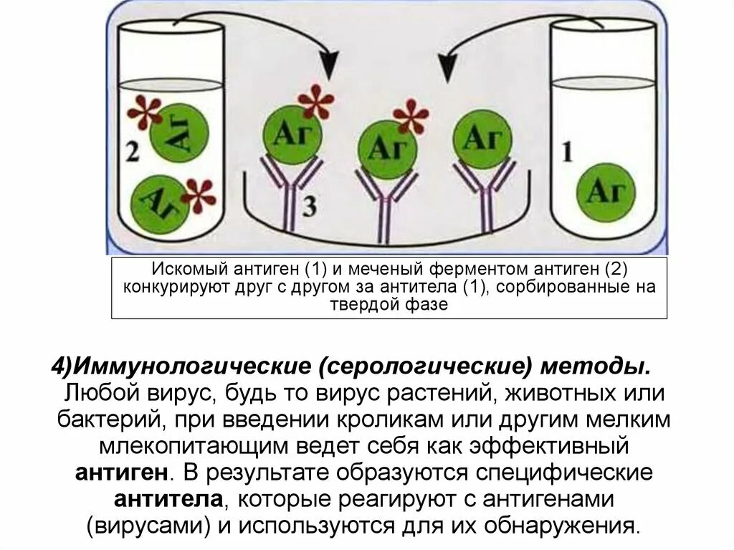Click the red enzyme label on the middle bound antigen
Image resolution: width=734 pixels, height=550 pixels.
tap(411, 116)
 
